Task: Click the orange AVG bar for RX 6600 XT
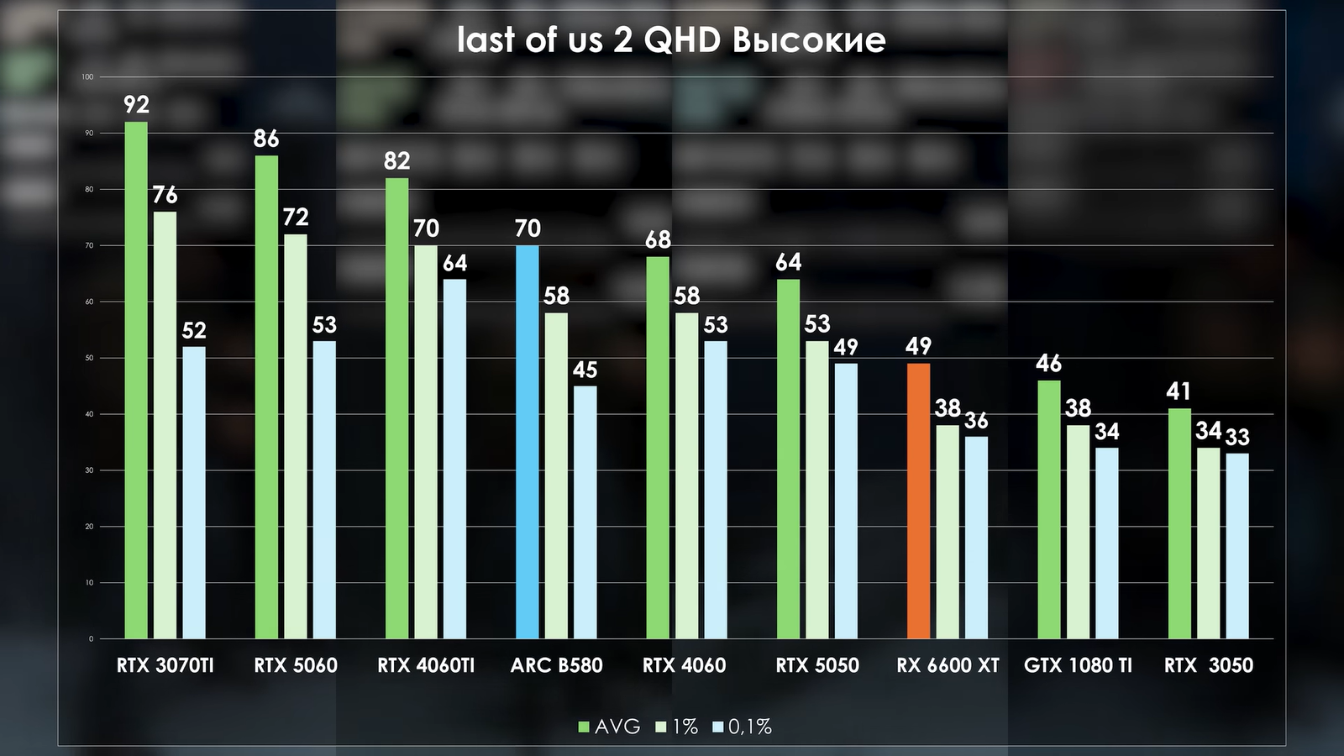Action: coord(918,501)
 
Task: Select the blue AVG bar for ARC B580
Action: coord(527,442)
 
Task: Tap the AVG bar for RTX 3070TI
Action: coord(136,380)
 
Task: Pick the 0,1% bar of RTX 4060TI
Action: coord(454,459)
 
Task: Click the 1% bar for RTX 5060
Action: coord(295,436)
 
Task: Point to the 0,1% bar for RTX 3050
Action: coord(1236,546)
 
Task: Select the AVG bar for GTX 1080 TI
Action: coord(1048,509)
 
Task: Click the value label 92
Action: coord(136,105)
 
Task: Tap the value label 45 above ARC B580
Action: coord(585,370)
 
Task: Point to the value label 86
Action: coord(266,139)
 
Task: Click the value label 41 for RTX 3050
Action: coord(1179,391)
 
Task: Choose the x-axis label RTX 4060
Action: coord(684,666)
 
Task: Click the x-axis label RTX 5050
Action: coord(816,666)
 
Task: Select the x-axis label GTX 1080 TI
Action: coord(1078,666)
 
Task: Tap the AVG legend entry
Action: coord(610,727)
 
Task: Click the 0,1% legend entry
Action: coord(743,727)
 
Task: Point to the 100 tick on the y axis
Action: coord(87,77)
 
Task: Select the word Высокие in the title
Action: coord(809,40)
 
